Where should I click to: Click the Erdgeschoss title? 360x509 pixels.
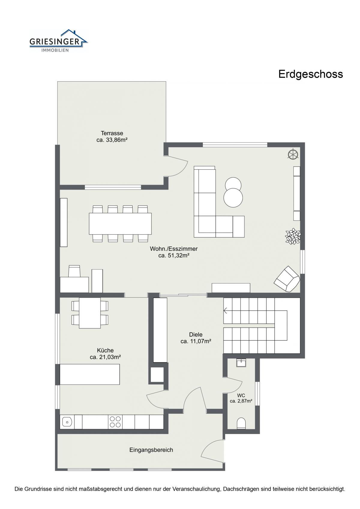310,74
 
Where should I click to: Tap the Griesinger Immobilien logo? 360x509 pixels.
58,41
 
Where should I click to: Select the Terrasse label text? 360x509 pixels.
112,133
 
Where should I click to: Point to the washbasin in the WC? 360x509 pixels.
241,363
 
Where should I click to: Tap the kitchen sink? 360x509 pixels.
67,422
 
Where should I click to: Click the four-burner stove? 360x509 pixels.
115,422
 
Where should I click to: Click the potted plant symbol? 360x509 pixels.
293,236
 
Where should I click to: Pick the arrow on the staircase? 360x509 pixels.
226,310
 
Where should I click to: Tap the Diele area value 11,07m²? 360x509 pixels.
196,341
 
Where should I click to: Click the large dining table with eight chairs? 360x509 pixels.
120,223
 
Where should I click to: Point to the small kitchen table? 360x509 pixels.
90,313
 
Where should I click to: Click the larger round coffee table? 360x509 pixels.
233,197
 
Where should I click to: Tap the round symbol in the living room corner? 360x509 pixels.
293,155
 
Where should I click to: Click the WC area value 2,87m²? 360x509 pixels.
241,401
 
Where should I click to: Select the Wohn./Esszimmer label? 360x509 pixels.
174,249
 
